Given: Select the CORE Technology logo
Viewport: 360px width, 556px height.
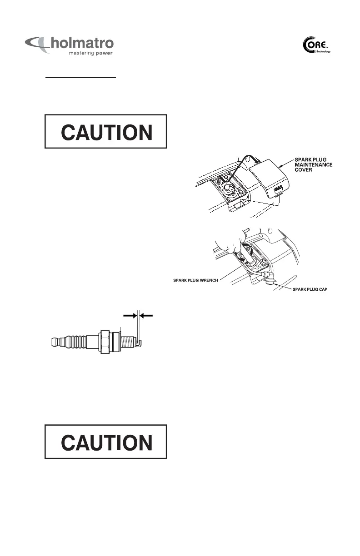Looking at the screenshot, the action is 316,46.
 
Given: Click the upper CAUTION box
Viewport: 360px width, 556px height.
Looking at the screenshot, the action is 106,131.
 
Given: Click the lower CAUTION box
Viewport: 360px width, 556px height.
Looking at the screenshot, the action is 106,442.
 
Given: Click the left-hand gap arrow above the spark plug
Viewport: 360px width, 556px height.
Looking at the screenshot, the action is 130,314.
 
